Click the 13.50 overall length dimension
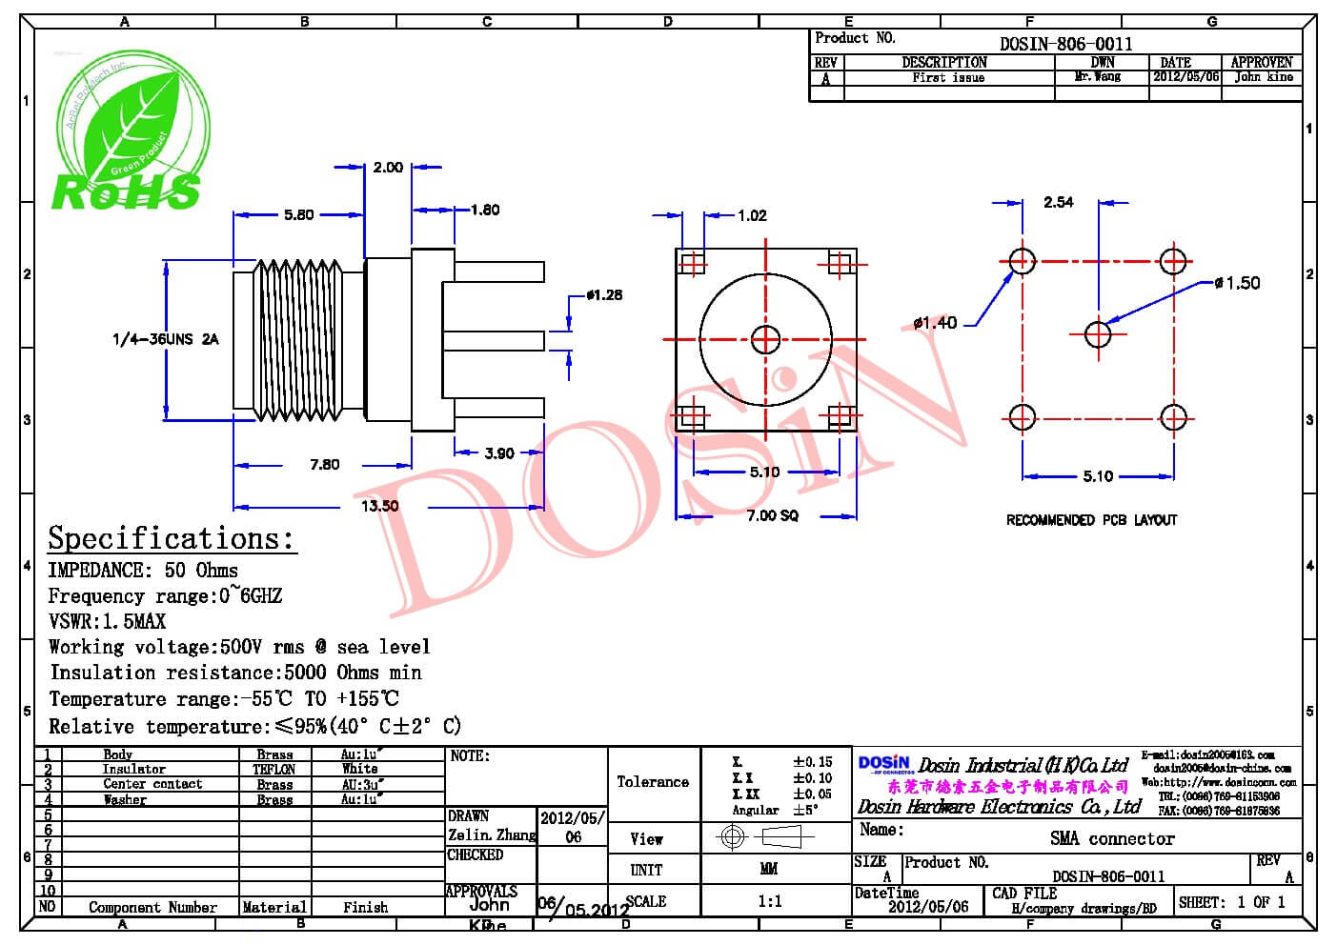click(379, 506)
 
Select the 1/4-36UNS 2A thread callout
click(165, 339)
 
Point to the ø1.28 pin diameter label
click(603, 295)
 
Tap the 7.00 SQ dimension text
click(772, 515)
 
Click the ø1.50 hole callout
click(1238, 283)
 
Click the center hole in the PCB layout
click(1098, 334)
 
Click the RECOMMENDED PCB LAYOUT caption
click(1091, 520)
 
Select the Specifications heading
click(172, 538)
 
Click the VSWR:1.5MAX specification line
click(107, 621)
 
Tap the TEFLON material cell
click(274, 769)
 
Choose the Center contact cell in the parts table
click(152, 784)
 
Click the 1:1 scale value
click(769, 901)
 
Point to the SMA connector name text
click(1112, 838)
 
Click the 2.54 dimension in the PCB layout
click(1058, 202)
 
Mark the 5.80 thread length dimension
click(298, 214)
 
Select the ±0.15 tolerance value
click(812, 761)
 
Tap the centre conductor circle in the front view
click(765, 338)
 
